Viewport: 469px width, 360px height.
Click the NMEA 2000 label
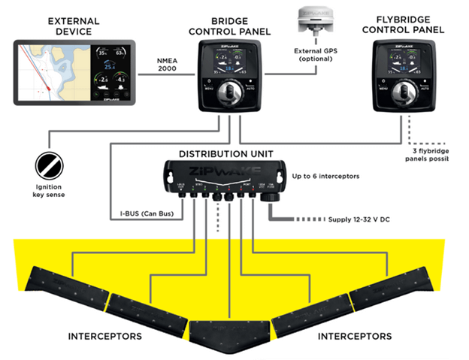point(166,65)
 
